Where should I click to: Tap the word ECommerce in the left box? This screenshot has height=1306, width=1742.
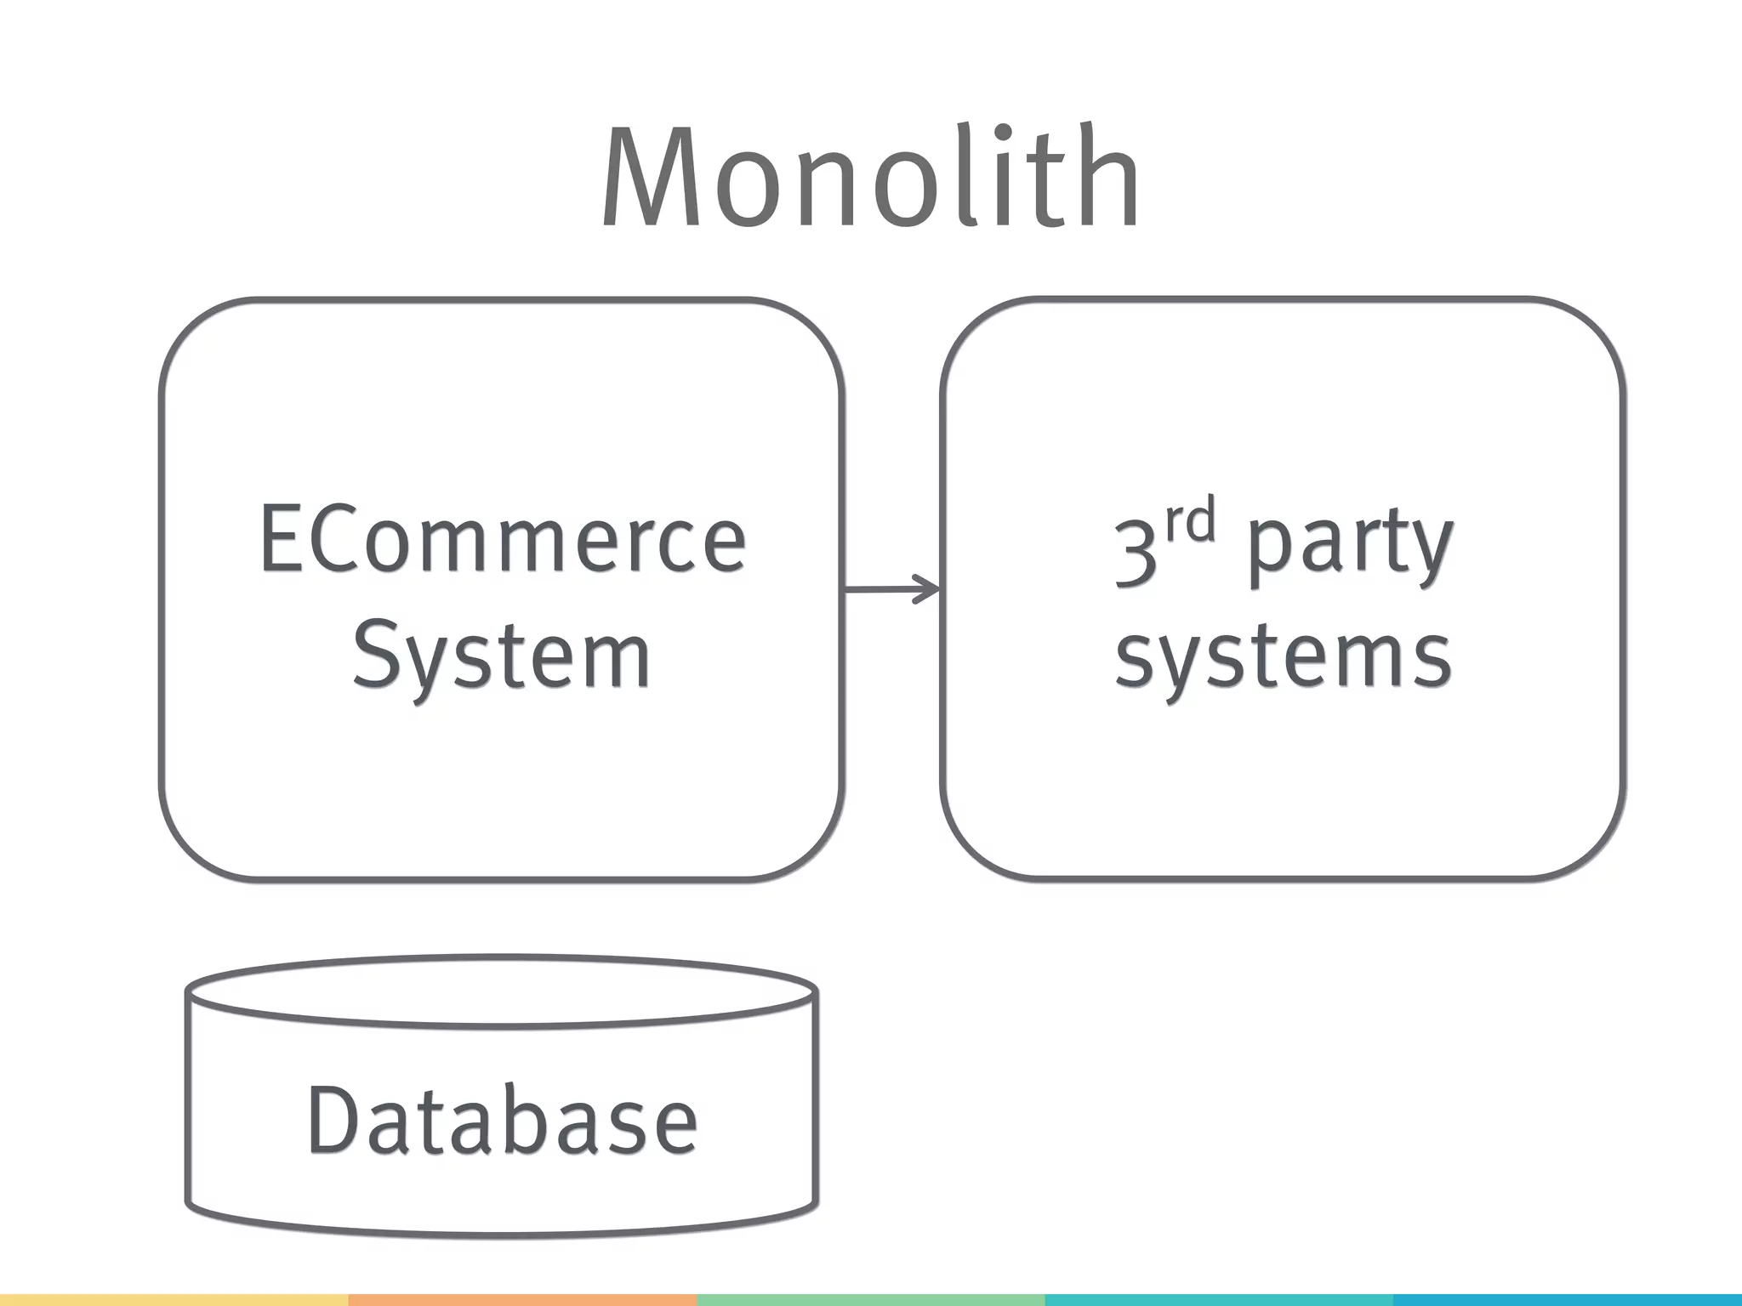click(502, 541)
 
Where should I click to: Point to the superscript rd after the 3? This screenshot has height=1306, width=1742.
click(1189, 521)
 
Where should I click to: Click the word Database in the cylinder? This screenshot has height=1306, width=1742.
click(502, 1121)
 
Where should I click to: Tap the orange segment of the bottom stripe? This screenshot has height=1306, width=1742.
click(522, 1300)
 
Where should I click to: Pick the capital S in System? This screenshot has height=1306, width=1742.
click(374, 654)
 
